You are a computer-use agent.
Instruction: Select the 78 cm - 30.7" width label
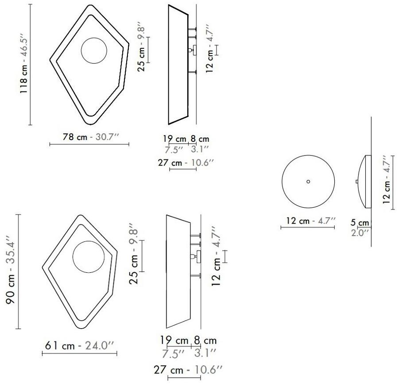point(91,137)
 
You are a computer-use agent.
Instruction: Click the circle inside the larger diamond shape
point(94,51)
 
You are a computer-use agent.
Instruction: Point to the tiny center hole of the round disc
point(308,181)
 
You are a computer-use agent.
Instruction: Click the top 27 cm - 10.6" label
point(186,163)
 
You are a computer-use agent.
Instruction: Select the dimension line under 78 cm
point(89,144)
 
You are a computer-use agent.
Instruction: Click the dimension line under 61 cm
point(80,353)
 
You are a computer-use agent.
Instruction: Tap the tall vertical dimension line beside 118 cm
point(30,65)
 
